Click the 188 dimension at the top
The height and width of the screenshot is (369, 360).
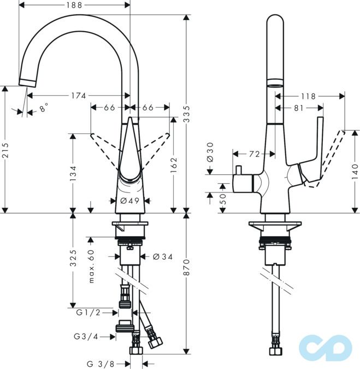[75, 5]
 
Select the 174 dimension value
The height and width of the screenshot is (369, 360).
[77, 96]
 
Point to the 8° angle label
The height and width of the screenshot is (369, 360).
[44, 108]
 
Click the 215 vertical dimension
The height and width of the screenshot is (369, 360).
[5, 149]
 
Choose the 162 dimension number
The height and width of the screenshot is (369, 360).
[174, 163]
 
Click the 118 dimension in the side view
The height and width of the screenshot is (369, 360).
[308, 96]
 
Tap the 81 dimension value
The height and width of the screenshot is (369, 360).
[298, 108]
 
